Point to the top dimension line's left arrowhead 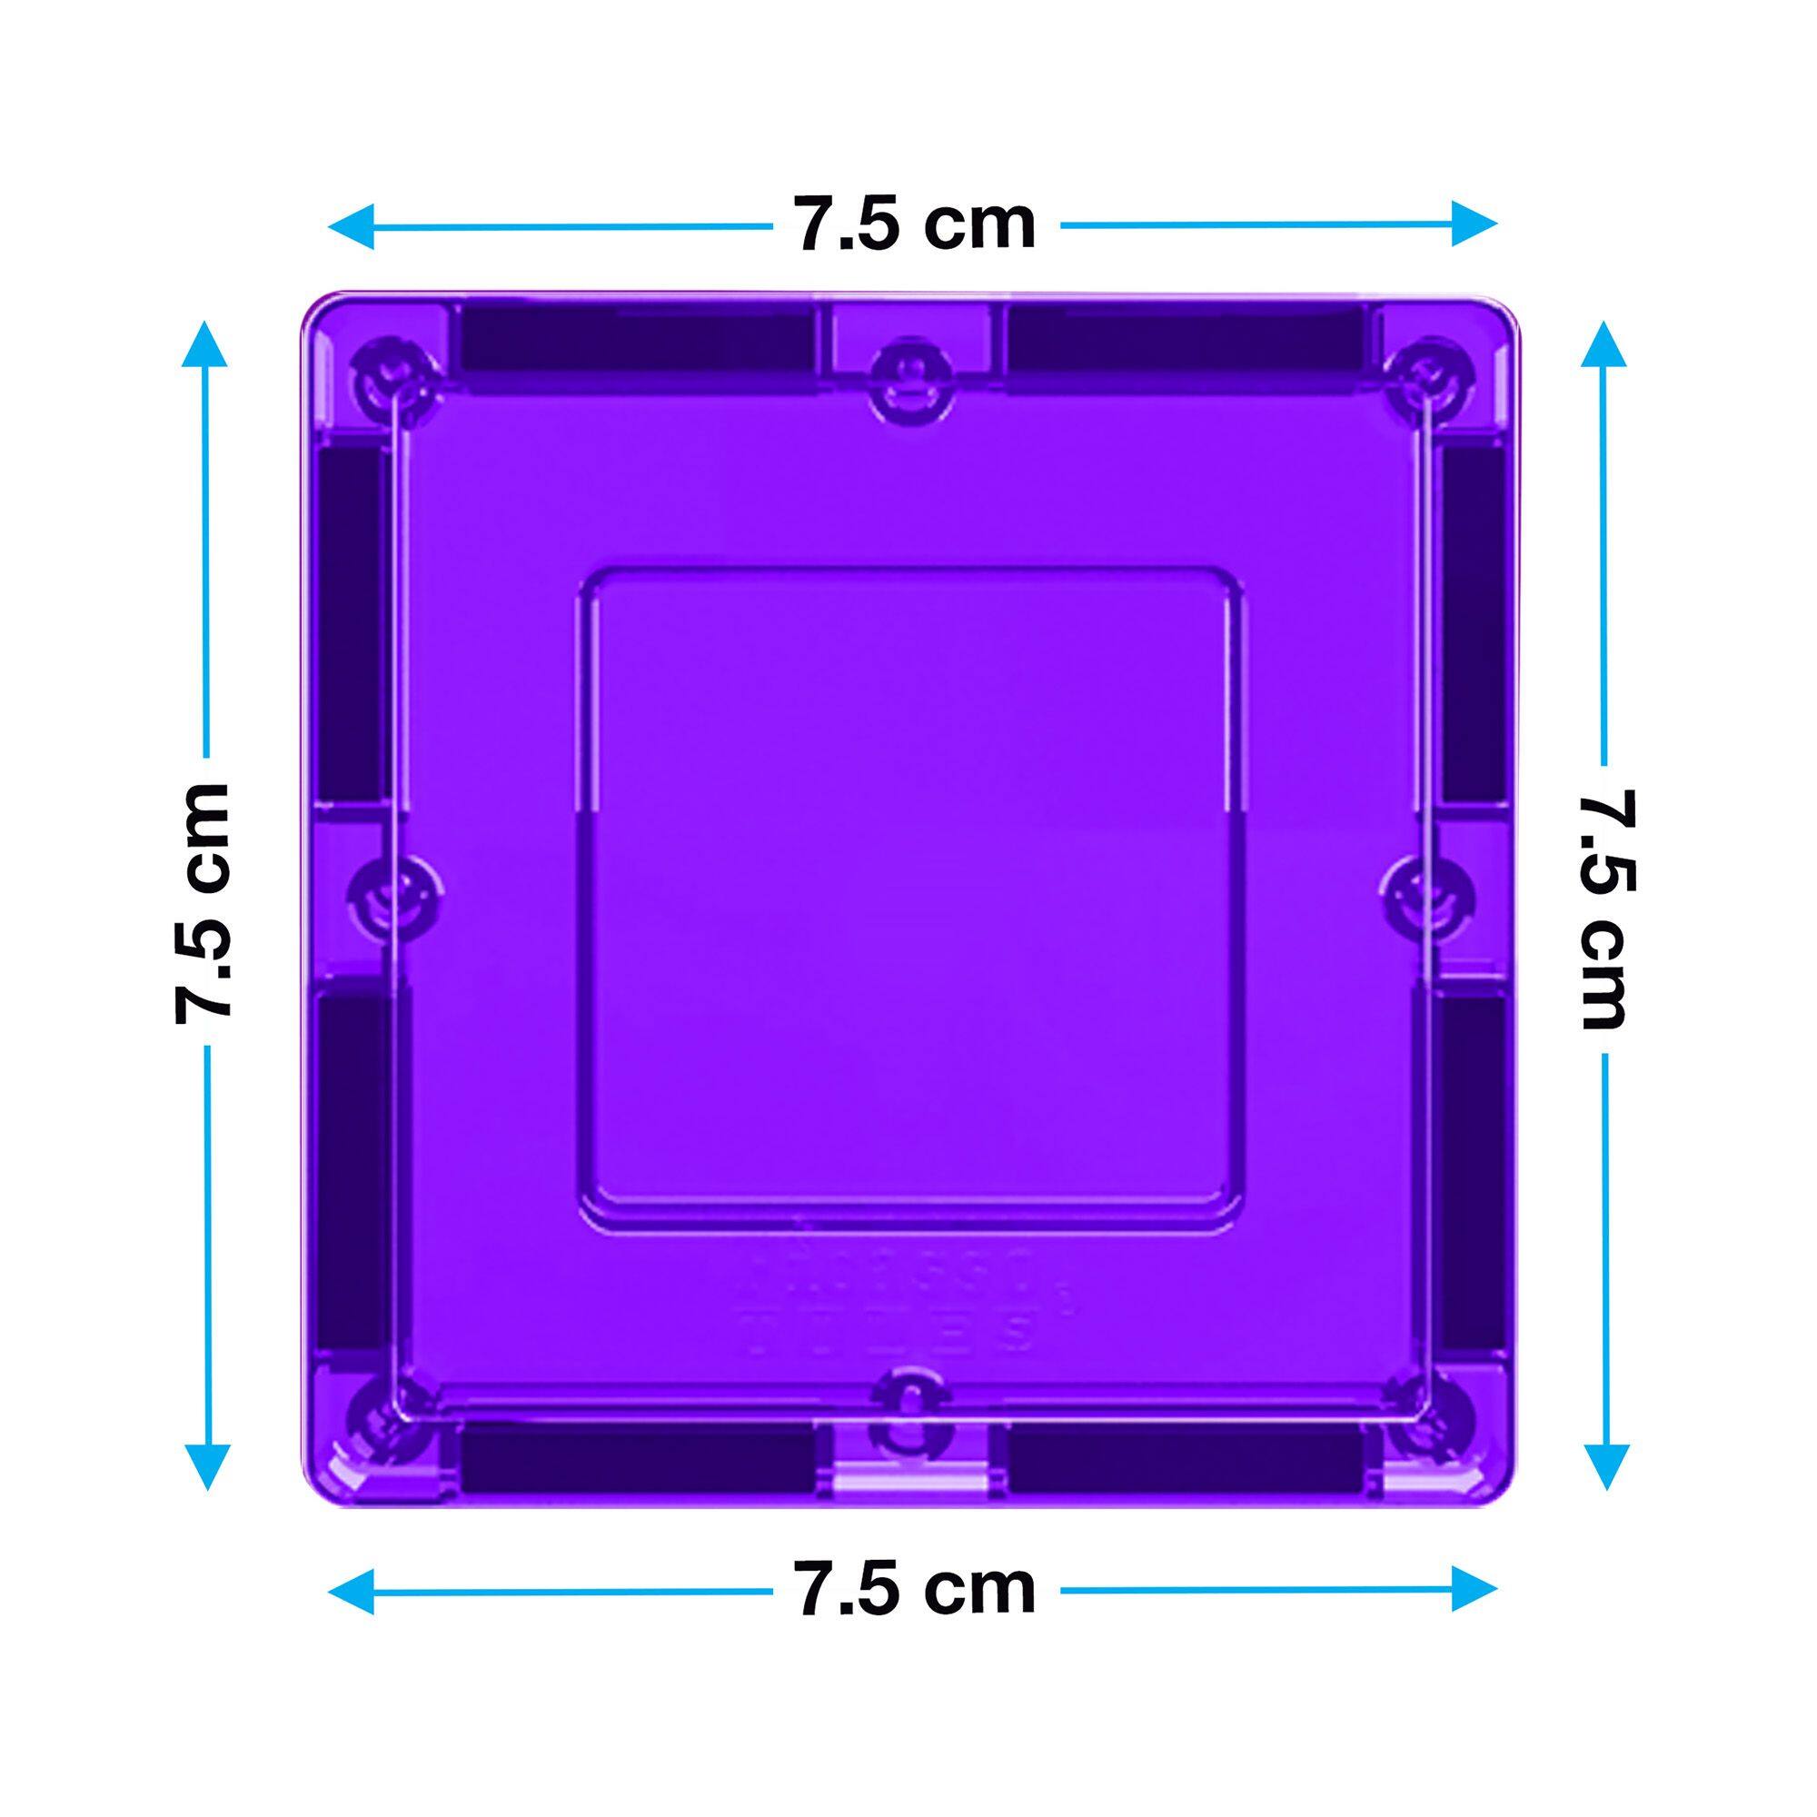351,225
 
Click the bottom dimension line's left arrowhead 351,1592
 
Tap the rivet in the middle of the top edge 909,372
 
